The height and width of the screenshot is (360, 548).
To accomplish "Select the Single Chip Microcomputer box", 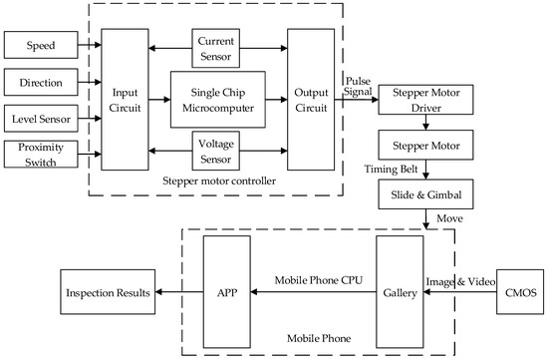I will tap(217, 100).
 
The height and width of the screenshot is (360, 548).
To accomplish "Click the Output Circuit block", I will tap(310, 100).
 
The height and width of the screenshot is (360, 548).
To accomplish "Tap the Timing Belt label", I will tap(385, 170).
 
